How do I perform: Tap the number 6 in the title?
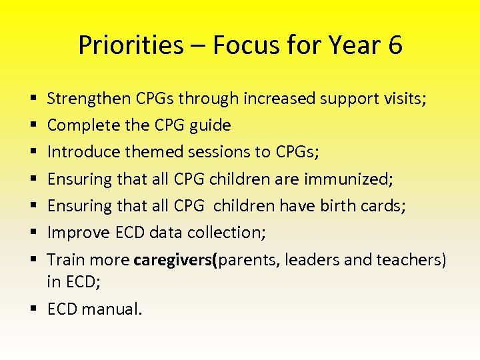393,45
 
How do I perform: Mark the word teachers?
415,260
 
